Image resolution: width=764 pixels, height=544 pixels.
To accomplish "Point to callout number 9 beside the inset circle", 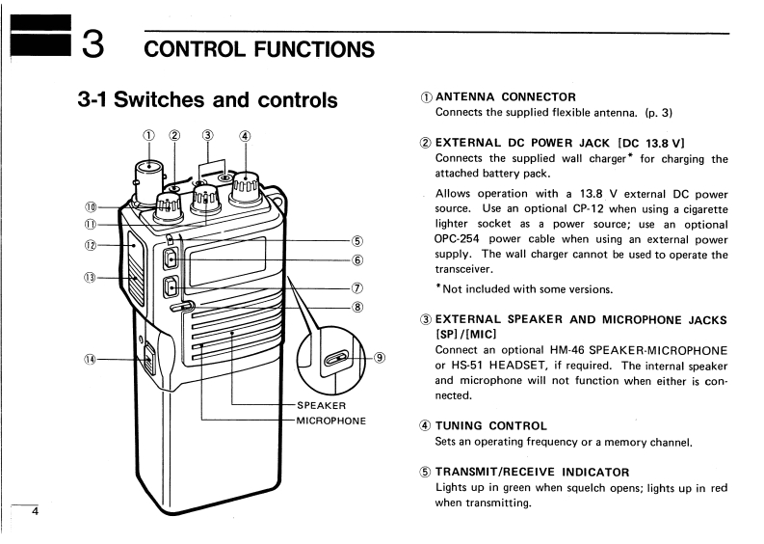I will (x=380, y=357).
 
